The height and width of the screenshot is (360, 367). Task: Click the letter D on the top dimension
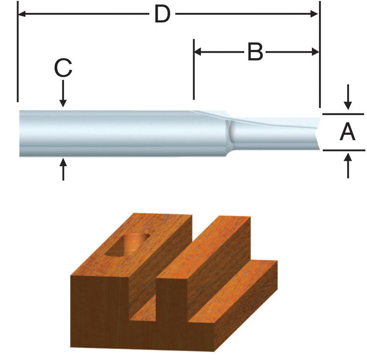click(x=162, y=15)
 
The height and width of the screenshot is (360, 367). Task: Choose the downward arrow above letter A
click(x=348, y=105)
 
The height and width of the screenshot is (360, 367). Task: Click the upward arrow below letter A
click(x=348, y=159)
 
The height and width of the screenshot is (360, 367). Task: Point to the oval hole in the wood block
click(x=127, y=244)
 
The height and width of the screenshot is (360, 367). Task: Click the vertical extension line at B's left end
click(x=194, y=73)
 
